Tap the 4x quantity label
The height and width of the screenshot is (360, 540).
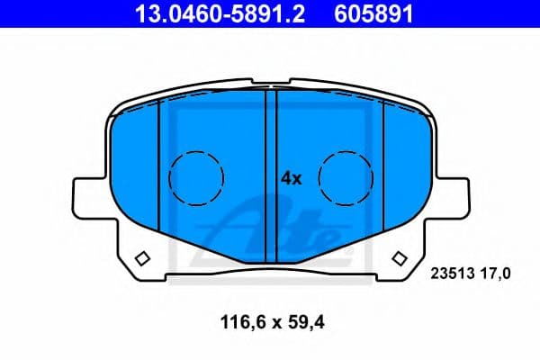[x=292, y=178]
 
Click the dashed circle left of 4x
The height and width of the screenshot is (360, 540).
[x=196, y=176]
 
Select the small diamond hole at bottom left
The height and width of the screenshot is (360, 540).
[x=141, y=259]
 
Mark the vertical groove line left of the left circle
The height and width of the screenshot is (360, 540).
[x=159, y=162]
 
